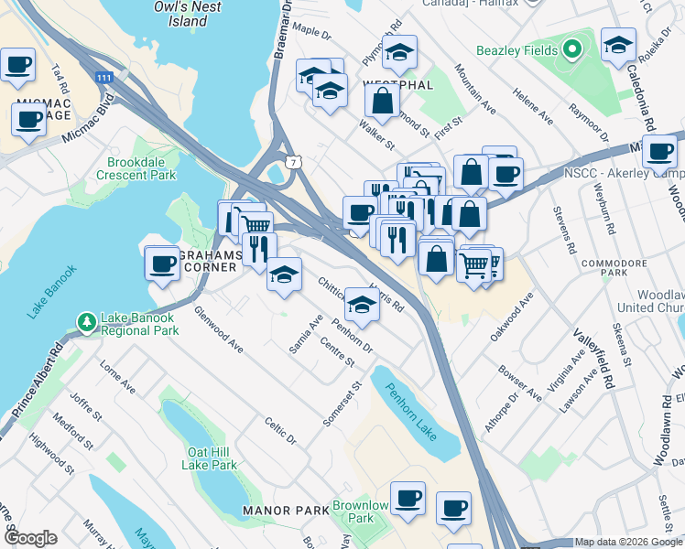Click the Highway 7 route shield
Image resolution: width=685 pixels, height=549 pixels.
292,162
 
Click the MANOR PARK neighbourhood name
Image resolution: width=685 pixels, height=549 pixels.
278,510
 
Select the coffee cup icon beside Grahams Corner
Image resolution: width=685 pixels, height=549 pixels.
163,264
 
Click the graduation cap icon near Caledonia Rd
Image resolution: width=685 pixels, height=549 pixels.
618,45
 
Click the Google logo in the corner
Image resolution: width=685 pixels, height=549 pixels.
29,538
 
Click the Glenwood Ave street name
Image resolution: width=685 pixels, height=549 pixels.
218,330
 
